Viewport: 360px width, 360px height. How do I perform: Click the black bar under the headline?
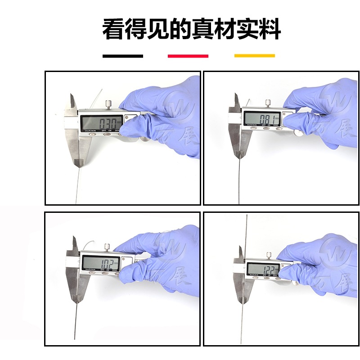tap(123, 56)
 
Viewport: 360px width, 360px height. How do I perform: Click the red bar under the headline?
tap(188, 56)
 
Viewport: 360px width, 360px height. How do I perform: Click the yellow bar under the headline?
tap(254, 56)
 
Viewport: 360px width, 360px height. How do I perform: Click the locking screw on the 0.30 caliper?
tap(108, 105)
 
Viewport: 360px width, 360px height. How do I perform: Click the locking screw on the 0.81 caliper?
tap(268, 103)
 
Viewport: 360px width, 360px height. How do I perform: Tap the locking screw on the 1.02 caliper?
tap(108, 247)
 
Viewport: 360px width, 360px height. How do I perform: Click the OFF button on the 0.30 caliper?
tap(104, 131)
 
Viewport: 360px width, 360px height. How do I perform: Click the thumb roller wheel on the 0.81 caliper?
tap(297, 133)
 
